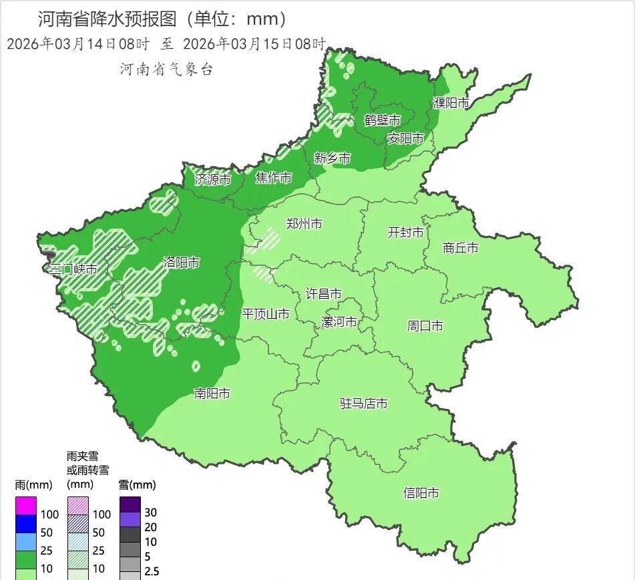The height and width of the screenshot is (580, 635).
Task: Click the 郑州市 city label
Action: (x=304, y=224)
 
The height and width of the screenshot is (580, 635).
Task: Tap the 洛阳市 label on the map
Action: (x=182, y=263)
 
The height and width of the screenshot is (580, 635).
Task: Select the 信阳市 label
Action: (x=421, y=493)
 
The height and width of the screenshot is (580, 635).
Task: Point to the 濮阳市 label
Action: (x=451, y=103)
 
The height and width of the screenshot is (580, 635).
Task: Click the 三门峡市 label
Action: (x=74, y=269)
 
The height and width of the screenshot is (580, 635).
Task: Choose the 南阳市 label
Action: (x=212, y=394)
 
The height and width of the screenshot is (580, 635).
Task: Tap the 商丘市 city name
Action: (x=461, y=247)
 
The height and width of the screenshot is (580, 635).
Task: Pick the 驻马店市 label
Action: (x=364, y=404)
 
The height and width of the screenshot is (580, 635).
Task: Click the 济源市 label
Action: (x=212, y=179)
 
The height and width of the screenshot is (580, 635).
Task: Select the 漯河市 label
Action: (x=339, y=322)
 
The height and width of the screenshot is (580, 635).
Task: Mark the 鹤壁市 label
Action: (x=382, y=120)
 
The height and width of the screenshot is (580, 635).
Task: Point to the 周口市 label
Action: (x=425, y=326)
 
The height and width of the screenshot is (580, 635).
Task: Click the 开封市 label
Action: (x=406, y=233)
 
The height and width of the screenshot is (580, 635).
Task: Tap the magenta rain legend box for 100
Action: (x=26, y=506)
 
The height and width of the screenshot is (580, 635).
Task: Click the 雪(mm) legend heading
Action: (x=136, y=484)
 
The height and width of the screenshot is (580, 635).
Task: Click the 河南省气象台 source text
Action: (x=166, y=69)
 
